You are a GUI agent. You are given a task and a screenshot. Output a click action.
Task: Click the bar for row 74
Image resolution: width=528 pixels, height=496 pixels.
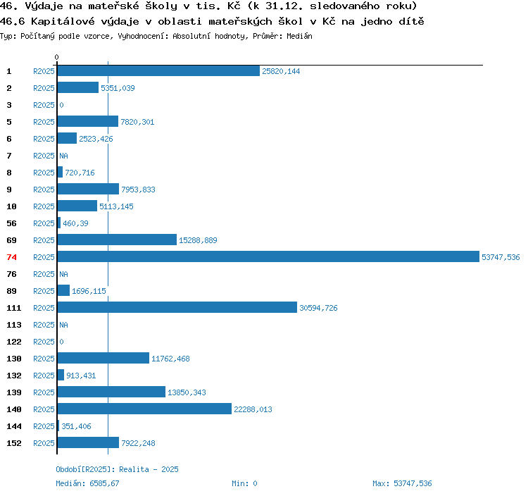[268, 256]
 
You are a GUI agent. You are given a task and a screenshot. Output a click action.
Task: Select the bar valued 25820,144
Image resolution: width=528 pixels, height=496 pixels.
[158, 70]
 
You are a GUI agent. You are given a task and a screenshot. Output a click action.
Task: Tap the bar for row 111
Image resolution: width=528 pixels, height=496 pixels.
[177, 307]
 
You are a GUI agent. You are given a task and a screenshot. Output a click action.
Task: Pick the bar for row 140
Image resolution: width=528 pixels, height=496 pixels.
[144, 409]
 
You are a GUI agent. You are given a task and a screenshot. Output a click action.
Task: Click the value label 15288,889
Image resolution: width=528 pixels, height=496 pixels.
[198, 240]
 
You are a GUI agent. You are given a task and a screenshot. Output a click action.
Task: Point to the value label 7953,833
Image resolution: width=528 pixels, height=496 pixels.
[138, 190]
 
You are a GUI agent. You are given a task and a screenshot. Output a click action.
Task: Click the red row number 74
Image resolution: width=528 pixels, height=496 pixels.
[11, 257]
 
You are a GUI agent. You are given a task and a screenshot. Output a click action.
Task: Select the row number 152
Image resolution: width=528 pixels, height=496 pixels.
[14, 443]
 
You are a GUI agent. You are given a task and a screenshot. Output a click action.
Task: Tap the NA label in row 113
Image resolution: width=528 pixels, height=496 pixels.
[63, 325]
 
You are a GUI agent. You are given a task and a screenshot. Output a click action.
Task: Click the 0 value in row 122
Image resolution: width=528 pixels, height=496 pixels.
[62, 342]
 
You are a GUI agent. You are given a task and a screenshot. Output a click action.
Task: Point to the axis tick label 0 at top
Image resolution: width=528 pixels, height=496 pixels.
[56, 57]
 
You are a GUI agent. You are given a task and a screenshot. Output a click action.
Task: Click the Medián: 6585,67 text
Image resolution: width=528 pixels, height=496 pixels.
[87, 483]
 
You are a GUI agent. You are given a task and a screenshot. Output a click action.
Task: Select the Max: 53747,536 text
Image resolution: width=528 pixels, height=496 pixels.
[402, 483]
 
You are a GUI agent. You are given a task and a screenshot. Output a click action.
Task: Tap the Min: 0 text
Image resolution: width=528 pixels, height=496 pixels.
[244, 483]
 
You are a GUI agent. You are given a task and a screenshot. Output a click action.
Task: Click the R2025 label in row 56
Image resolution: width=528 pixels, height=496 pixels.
[44, 223]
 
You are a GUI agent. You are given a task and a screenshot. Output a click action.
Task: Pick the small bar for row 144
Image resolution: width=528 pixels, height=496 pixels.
[58, 426]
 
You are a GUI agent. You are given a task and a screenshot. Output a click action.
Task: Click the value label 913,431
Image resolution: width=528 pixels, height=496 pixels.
[81, 376]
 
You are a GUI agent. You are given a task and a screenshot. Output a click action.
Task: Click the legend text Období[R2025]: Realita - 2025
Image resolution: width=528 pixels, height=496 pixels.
[117, 469]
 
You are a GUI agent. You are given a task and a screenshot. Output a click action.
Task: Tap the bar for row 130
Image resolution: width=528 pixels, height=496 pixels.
[103, 358]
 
